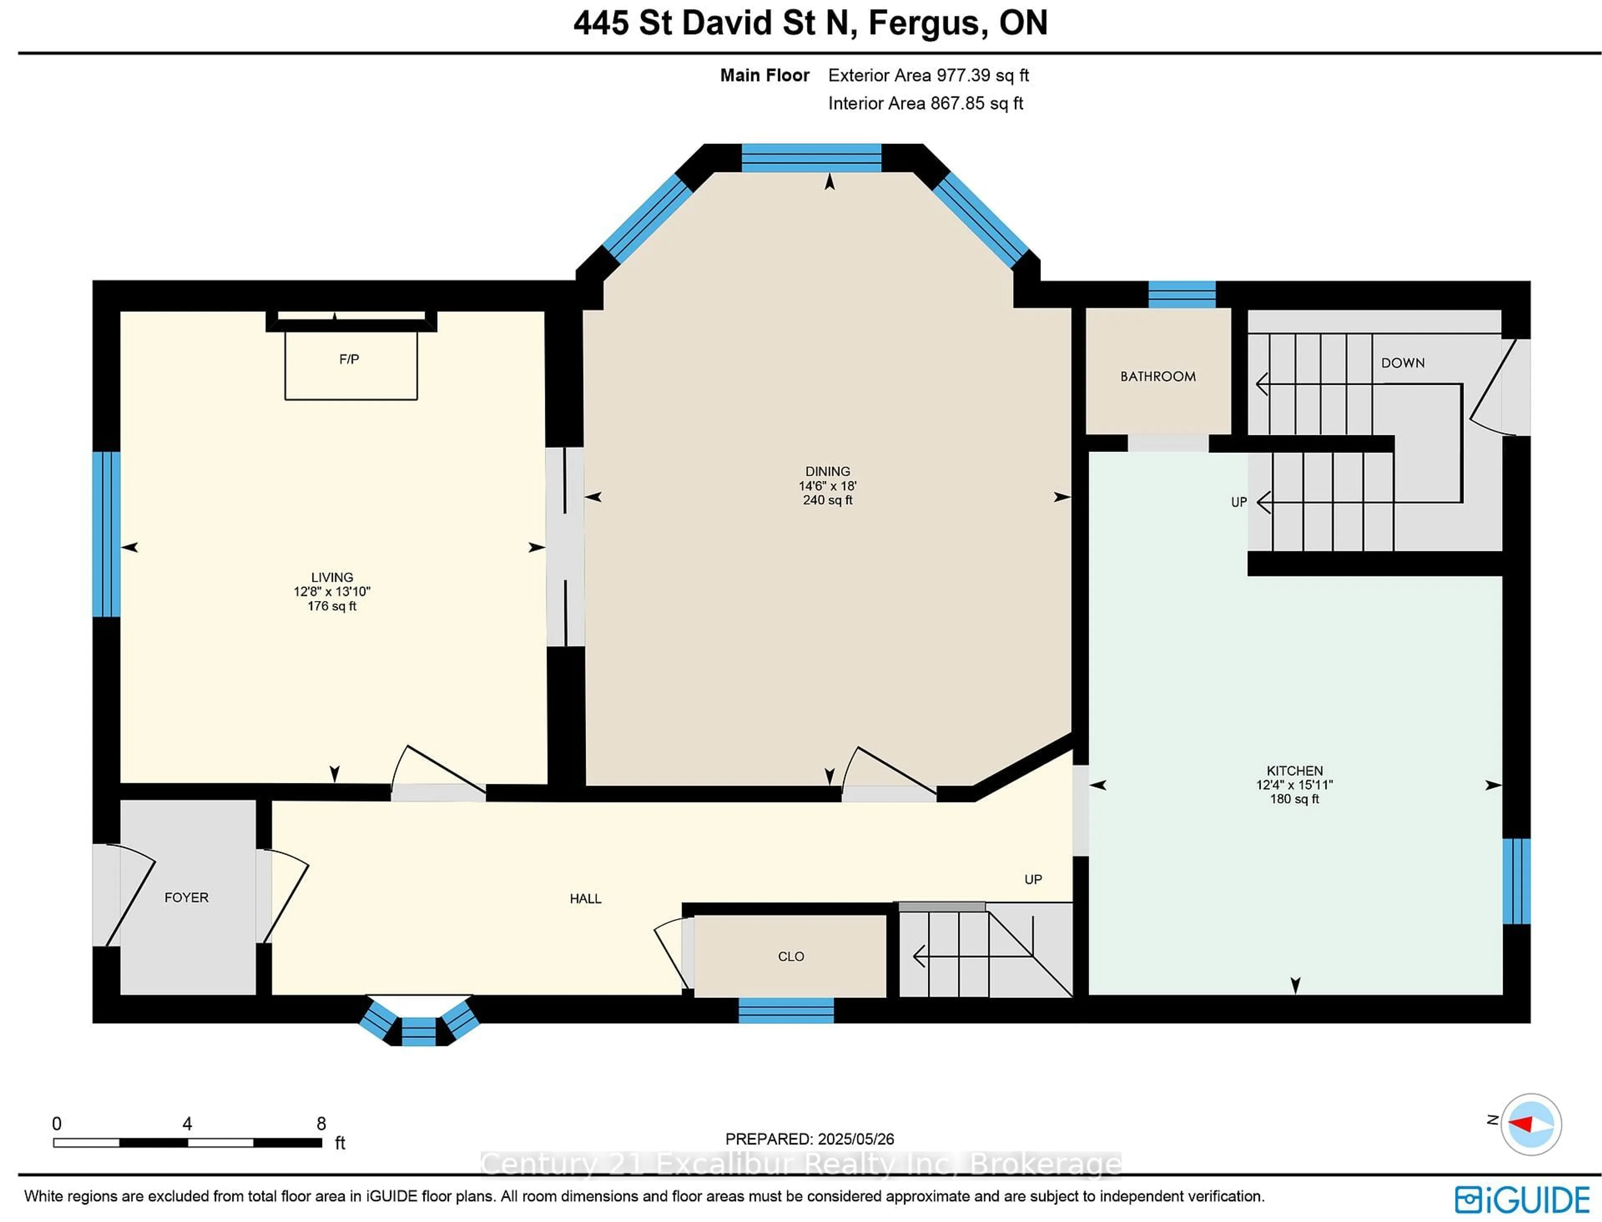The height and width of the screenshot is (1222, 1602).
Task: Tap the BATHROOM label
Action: [1158, 377]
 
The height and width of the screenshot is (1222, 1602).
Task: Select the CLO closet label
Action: [791, 957]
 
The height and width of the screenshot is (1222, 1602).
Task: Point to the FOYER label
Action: [186, 898]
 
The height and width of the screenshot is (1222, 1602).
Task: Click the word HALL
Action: [585, 899]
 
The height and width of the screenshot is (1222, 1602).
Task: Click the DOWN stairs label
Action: [1403, 363]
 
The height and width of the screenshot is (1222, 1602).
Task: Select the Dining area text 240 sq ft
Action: [828, 500]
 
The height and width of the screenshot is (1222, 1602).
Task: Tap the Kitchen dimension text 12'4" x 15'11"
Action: [1295, 785]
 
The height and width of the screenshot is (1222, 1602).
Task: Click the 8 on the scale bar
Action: [321, 1124]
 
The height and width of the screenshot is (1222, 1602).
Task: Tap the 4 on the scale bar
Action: [187, 1124]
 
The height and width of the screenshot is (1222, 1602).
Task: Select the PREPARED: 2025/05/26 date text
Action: [809, 1139]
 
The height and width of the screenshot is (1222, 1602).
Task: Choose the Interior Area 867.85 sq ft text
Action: [926, 103]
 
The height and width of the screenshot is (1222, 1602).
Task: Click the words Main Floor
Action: [764, 76]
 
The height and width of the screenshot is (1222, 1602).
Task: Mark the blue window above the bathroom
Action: [1182, 295]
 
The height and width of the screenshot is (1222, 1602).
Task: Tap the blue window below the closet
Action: [786, 1010]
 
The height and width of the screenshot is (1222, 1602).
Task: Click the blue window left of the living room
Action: [106, 534]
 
